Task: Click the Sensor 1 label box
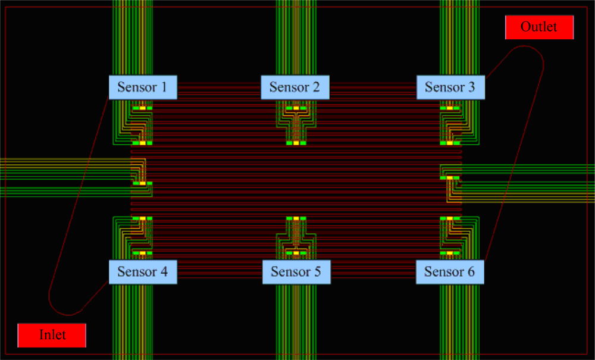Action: pos(143,87)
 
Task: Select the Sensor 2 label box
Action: pos(295,87)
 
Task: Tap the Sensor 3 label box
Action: pos(450,87)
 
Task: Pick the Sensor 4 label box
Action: pos(143,272)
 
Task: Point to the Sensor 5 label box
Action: pos(296,272)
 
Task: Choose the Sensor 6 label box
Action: pos(450,272)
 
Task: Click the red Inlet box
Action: pos(52,335)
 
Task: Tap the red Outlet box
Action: pos(539,27)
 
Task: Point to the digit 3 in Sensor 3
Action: pos(472,87)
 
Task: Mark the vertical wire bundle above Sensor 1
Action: pos(133,36)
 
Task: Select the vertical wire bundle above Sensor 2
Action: pos(296,36)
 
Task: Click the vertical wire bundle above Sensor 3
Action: pos(459,36)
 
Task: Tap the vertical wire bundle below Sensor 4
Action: pos(133,321)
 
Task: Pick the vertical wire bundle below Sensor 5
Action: pos(296,321)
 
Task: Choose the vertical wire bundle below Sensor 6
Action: pos(459,321)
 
